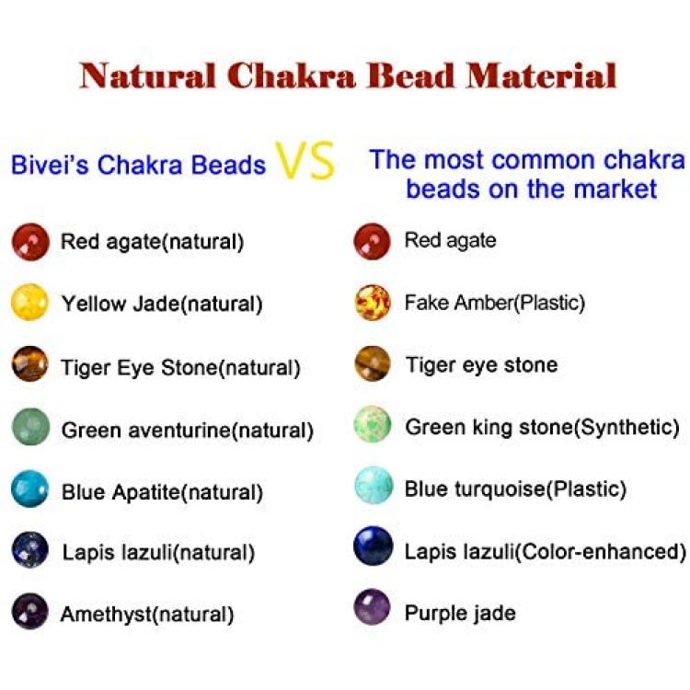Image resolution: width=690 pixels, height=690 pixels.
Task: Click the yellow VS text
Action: pos(305,160)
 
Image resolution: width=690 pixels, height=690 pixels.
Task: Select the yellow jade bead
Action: pos(30,303)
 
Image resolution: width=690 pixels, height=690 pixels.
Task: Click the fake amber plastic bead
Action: pos(373,303)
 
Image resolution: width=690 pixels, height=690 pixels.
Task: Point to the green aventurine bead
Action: pos(30,427)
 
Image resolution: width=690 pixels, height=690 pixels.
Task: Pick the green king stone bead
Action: pos(373,424)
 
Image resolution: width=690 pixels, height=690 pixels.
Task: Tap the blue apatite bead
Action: pos(30,489)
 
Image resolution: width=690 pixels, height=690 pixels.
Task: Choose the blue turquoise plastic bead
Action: pos(374,486)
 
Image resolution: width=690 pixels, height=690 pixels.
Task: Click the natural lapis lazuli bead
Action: pos(30,550)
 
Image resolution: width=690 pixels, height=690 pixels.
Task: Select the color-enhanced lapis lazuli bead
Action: pos(373,546)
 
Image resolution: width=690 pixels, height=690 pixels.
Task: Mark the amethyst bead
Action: pos(30,611)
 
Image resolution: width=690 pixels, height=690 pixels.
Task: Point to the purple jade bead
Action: pos(373,607)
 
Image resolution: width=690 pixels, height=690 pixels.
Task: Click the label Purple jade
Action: pos(460,614)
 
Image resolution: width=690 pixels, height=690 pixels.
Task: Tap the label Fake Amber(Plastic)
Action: pos(495,303)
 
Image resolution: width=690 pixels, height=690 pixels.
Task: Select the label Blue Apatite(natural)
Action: pos(162,492)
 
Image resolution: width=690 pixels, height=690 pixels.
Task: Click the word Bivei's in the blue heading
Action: pos(49,165)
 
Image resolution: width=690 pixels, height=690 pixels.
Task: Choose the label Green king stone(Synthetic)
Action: pos(542,427)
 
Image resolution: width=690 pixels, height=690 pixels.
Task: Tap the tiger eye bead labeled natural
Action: pos(30,364)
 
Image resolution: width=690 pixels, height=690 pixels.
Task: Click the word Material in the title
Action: pos(542,75)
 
